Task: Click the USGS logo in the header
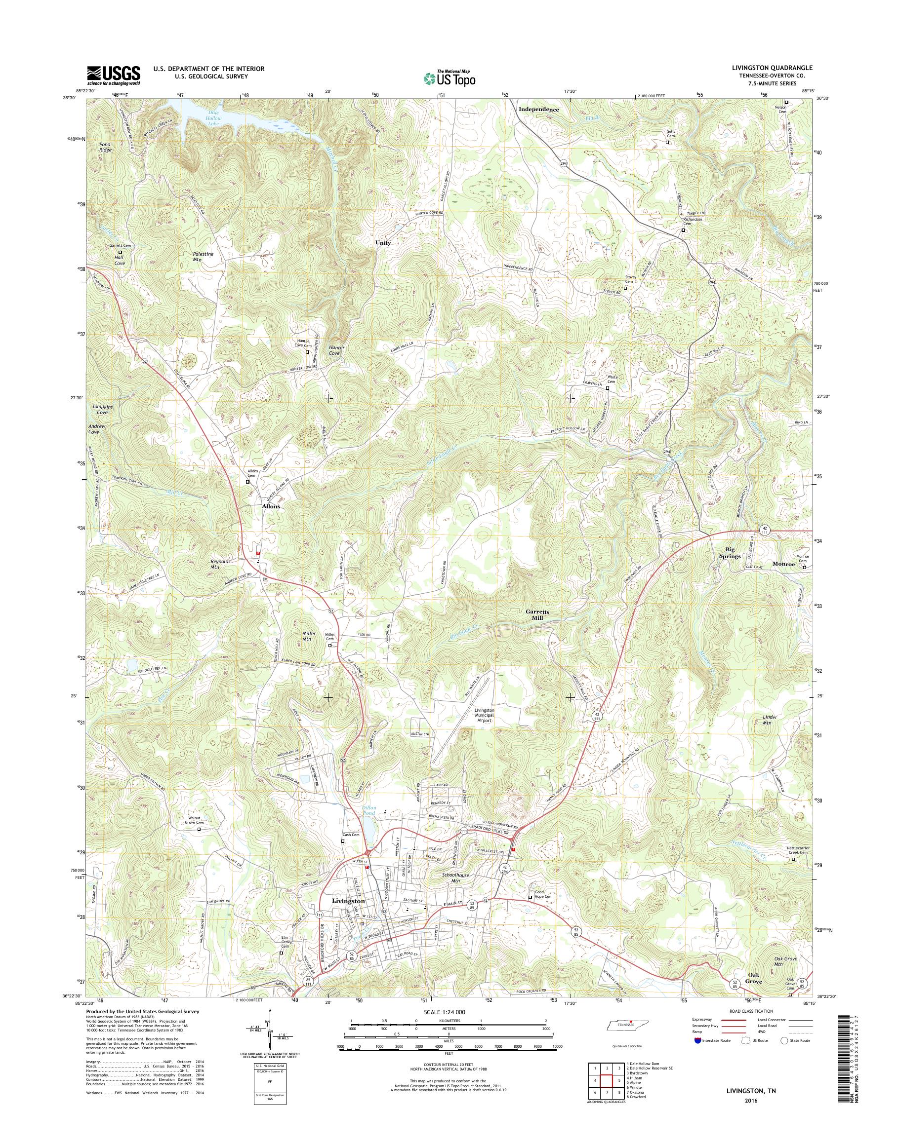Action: coord(113,75)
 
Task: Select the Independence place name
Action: coord(538,110)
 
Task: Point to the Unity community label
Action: coord(383,243)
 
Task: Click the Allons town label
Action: coord(271,506)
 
